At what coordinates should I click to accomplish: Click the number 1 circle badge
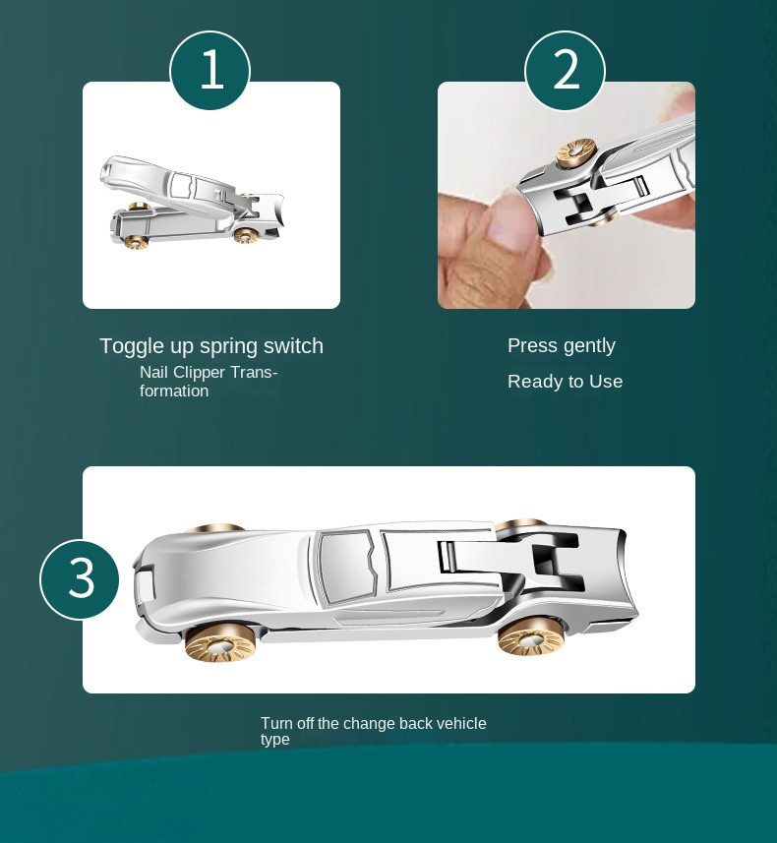coord(210,71)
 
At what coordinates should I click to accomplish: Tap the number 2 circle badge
coord(566,71)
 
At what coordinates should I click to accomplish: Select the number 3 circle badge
coord(80,579)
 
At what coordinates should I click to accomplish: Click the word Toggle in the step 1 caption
coord(133,347)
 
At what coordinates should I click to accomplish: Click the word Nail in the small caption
coord(153,372)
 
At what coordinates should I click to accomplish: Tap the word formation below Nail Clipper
coord(174,391)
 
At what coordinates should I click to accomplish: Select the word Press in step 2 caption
coord(532,345)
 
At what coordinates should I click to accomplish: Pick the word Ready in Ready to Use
coord(536,383)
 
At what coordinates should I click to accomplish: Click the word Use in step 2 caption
coord(606,382)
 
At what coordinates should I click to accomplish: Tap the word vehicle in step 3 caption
coord(461,723)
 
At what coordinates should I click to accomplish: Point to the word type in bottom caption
coord(275,740)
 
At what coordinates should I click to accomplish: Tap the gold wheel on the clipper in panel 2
coord(576,152)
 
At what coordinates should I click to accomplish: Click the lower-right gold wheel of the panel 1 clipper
coord(246,235)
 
